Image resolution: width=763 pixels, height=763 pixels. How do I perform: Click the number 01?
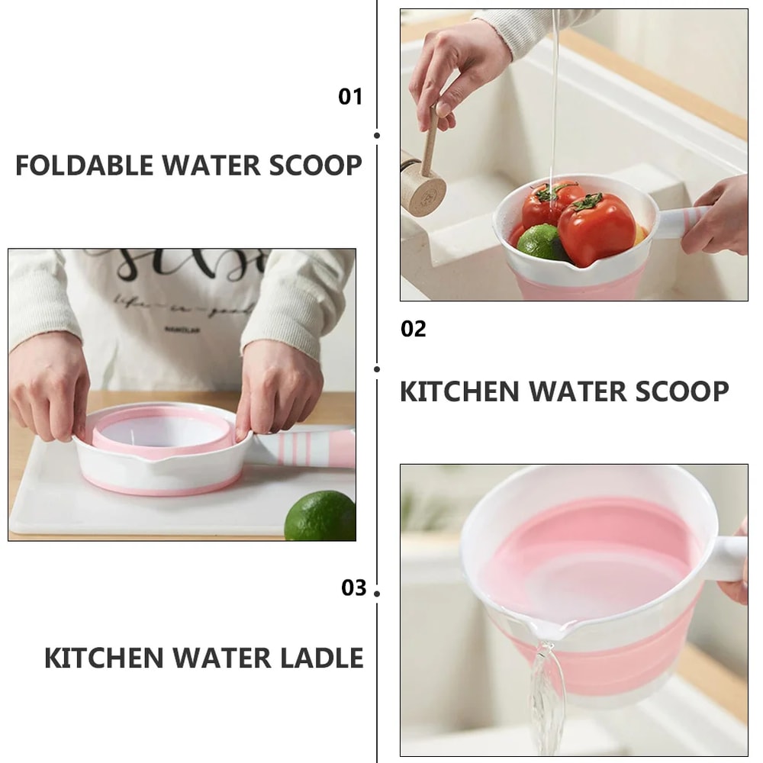point(350,97)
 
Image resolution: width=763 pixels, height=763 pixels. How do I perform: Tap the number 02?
point(414,329)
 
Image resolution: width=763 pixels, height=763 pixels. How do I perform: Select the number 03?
point(354,588)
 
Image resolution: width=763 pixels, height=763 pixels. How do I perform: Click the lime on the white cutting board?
point(320,516)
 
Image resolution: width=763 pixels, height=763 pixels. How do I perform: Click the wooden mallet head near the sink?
point(423,188)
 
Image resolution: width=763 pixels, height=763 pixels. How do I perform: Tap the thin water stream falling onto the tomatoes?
point(555,99)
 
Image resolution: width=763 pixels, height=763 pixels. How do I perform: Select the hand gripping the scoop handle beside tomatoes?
point(717,217)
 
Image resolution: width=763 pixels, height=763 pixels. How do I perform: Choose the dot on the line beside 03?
point(377,593)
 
